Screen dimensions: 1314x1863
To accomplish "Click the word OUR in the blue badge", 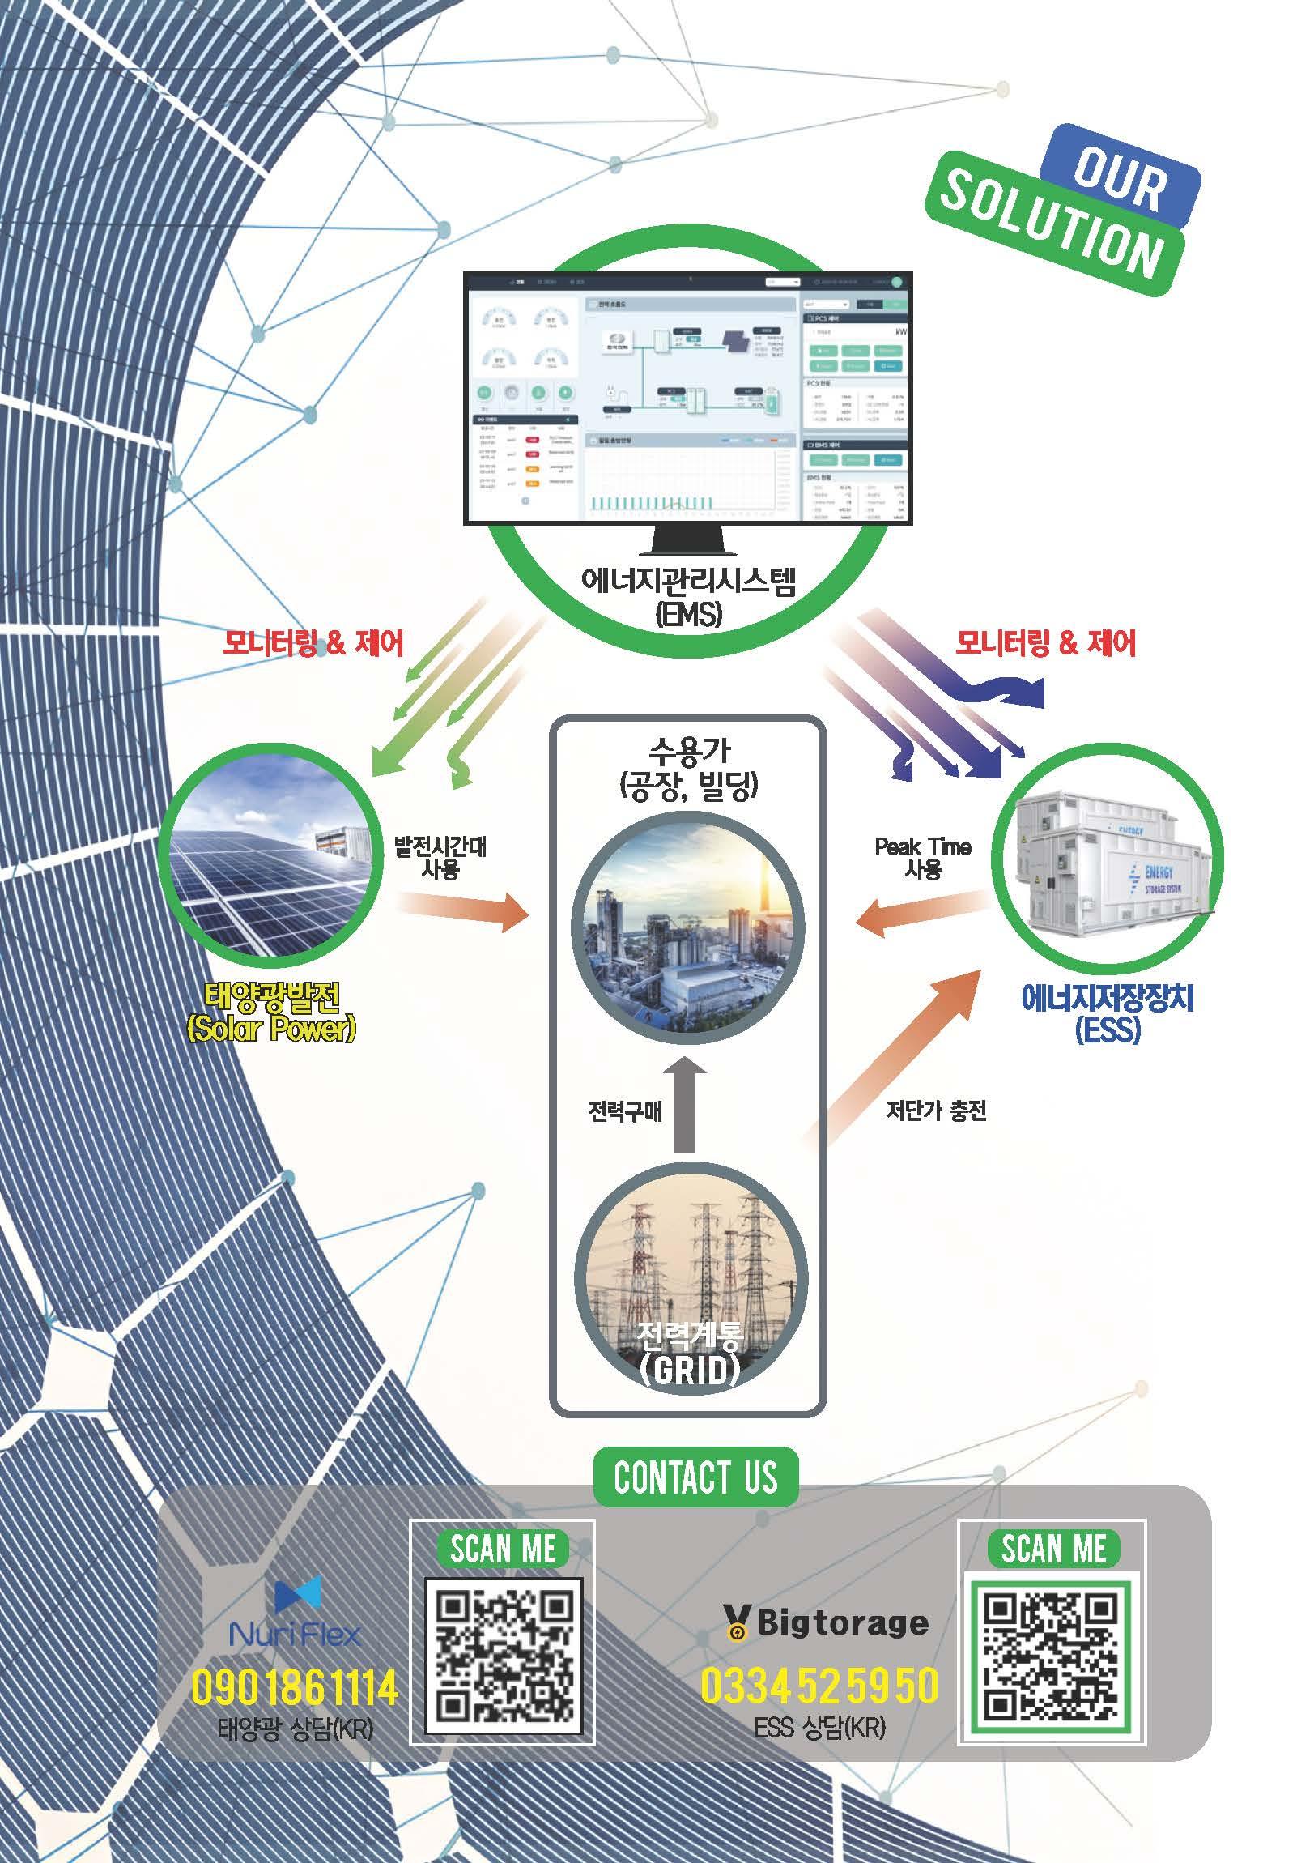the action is click(x=1119, y=177).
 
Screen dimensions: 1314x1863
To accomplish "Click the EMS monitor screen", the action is click(x=688, y=399).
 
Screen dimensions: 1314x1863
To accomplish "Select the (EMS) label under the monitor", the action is click(x=688, y=613).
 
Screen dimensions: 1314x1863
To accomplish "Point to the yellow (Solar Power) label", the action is click(x=272, y=1030).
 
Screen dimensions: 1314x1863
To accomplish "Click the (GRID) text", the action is click(x=690, y=1370).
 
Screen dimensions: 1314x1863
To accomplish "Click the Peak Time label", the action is click(x=922, y=847).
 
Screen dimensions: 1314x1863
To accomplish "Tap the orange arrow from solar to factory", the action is click(x=462, y=909).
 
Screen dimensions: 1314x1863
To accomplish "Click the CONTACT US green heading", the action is click(x=695, y=1477).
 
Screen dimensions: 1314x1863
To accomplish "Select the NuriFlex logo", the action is click(x=296, y=1614).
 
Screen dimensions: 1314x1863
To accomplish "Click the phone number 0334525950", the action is click(x=819, y=1686).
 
